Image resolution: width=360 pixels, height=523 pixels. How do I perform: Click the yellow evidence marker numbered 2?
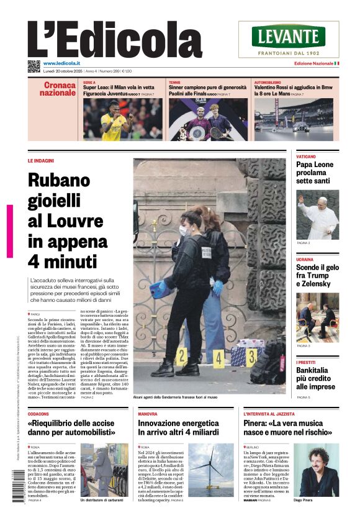(181, 356)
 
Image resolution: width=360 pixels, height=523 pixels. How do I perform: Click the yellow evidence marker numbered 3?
(251, 357)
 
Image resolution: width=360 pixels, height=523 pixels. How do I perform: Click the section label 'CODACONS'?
(38, 413)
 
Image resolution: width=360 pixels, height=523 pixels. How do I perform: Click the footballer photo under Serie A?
(122, 119)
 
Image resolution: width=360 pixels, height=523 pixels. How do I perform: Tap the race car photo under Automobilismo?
(293, 119)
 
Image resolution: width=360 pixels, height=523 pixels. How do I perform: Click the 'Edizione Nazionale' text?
(313, 63)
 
